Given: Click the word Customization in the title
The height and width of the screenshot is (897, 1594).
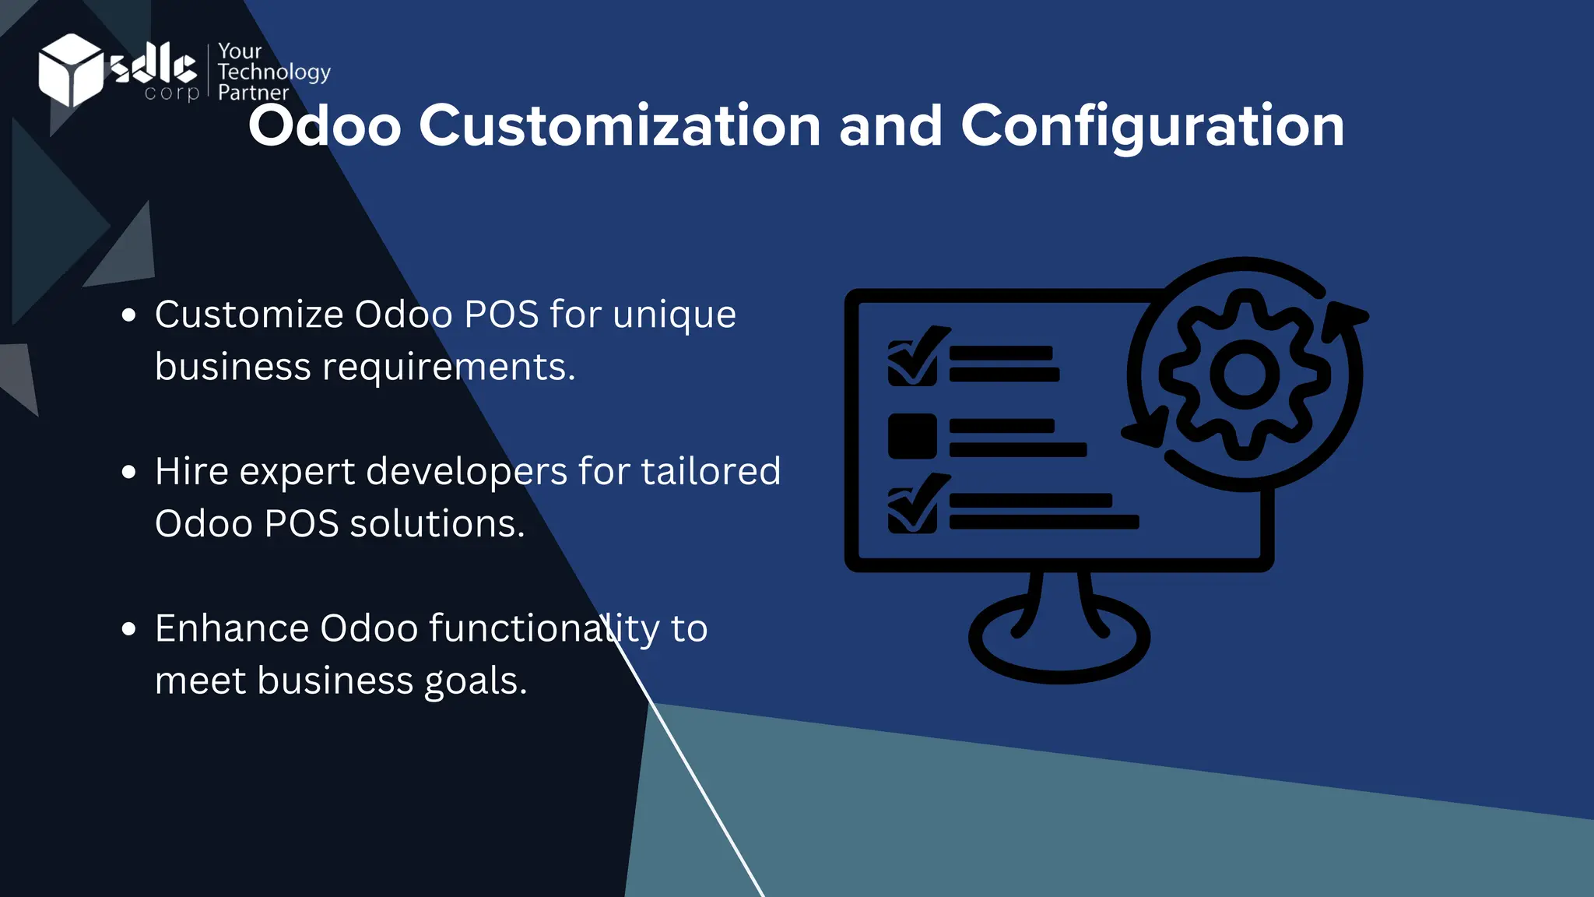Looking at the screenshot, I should (620, 125).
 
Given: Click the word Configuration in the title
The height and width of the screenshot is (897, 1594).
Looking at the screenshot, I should (1152, 125).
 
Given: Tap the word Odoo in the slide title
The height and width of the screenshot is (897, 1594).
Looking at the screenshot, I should (325, 125).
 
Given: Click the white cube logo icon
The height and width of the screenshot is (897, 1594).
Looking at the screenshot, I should (70, 70).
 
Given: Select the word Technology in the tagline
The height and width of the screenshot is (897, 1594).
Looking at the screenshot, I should (274, 72).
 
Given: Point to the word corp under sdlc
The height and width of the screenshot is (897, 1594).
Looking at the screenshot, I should (172, 93).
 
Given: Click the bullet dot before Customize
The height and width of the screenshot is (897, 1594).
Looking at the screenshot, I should (129, 315).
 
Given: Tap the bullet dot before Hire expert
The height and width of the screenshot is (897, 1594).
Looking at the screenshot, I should (129, 472).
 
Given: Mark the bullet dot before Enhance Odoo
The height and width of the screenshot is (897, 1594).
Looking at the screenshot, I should (129, 628).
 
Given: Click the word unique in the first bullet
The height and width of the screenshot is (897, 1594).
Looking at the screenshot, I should (674, 315).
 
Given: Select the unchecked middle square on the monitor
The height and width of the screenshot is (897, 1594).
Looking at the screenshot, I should (912, 436).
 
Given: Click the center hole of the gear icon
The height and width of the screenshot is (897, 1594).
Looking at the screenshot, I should (1244, 375).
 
